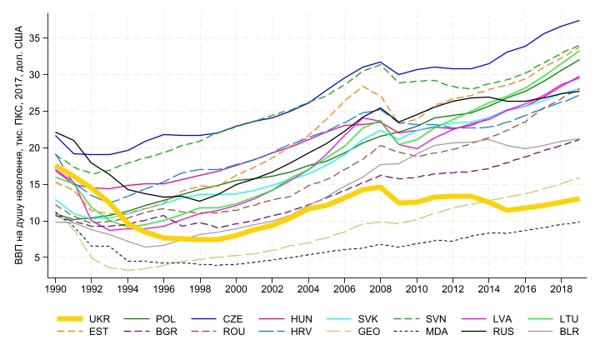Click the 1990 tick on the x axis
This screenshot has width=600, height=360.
pos(56,288)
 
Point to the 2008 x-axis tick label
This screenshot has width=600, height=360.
pos(381,288)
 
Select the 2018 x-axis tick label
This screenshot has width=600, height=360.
pos(561,288)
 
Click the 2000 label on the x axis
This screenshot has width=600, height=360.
pos(237,288)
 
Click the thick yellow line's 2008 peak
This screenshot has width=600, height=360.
pos(381,187)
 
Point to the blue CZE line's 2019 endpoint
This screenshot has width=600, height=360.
pos(579,20)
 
